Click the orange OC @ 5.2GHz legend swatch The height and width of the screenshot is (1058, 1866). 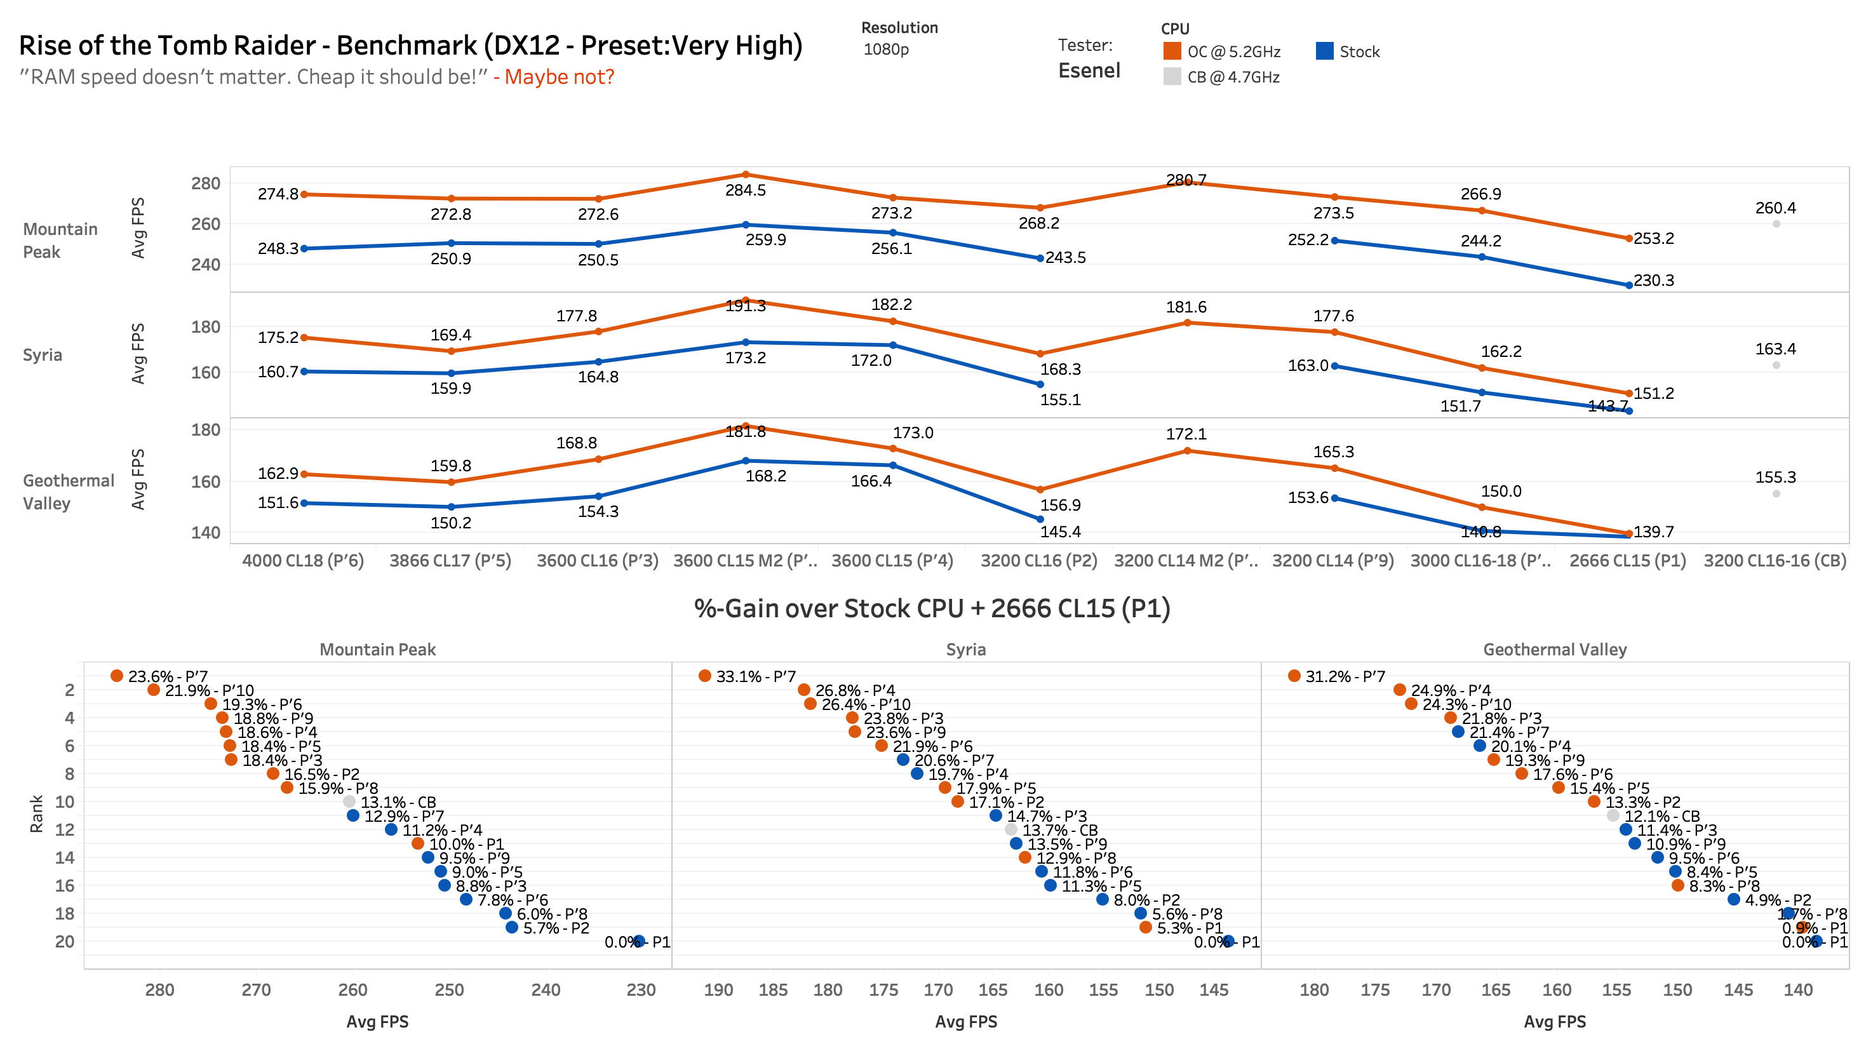point(1171,51)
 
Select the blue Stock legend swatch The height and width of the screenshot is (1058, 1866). point(1324,51)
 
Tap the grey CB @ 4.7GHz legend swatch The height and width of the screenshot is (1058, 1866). point(1171,76)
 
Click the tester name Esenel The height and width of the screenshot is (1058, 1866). point(1089,70)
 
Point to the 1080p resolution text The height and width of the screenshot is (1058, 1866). point(886,50)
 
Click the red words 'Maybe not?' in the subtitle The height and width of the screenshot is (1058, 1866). point(559,76)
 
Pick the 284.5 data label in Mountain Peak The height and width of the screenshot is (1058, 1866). point(745,191)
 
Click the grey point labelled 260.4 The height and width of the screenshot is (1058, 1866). point(1775,224)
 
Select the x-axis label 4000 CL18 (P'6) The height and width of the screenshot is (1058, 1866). point(303,560)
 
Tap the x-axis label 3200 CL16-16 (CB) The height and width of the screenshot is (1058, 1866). point(1775,560)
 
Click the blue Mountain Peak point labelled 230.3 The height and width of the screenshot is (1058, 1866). point(1628,285)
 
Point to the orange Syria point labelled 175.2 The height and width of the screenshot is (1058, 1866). point(304,338)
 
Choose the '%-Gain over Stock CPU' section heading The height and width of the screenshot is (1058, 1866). point(932,608)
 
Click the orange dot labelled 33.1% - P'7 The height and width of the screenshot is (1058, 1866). point(704,676)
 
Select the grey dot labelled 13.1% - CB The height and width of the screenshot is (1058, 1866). point(349,801)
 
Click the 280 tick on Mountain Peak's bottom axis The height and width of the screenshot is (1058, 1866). point(159,989)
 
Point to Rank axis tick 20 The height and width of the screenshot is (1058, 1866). point(65,941)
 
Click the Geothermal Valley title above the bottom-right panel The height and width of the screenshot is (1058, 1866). point(1554,650)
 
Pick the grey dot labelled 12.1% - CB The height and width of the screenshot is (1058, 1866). point(1613,815)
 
